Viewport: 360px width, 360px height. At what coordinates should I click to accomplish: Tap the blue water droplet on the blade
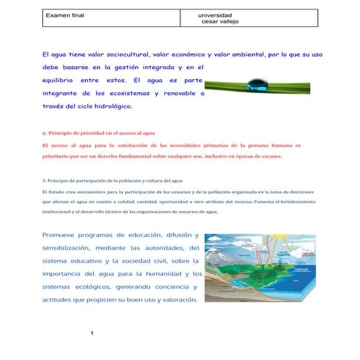click(256, 82)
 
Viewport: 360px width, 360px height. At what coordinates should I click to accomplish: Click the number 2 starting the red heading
click(44, 134)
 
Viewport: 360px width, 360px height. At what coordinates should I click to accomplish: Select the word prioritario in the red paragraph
click(57, 156)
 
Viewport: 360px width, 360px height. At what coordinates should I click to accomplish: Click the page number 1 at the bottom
click(93, 334)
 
